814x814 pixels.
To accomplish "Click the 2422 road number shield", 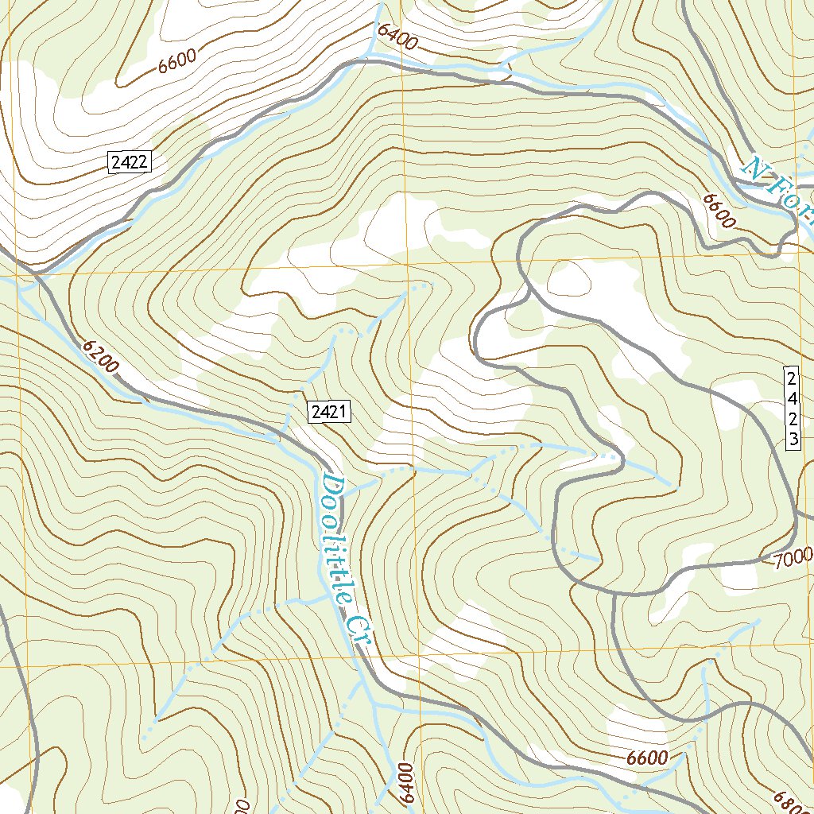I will (129, 163).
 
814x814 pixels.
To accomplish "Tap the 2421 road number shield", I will (329, 412).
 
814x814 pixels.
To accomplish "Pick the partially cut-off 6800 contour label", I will (795, 801).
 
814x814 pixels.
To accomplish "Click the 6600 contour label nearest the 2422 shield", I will (177, 61).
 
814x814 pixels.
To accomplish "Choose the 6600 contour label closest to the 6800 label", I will (646, 758).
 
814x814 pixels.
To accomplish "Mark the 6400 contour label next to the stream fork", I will (397, 36).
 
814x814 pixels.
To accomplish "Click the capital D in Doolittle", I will (331, 486).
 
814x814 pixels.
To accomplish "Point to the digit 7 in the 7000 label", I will (777, 562).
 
